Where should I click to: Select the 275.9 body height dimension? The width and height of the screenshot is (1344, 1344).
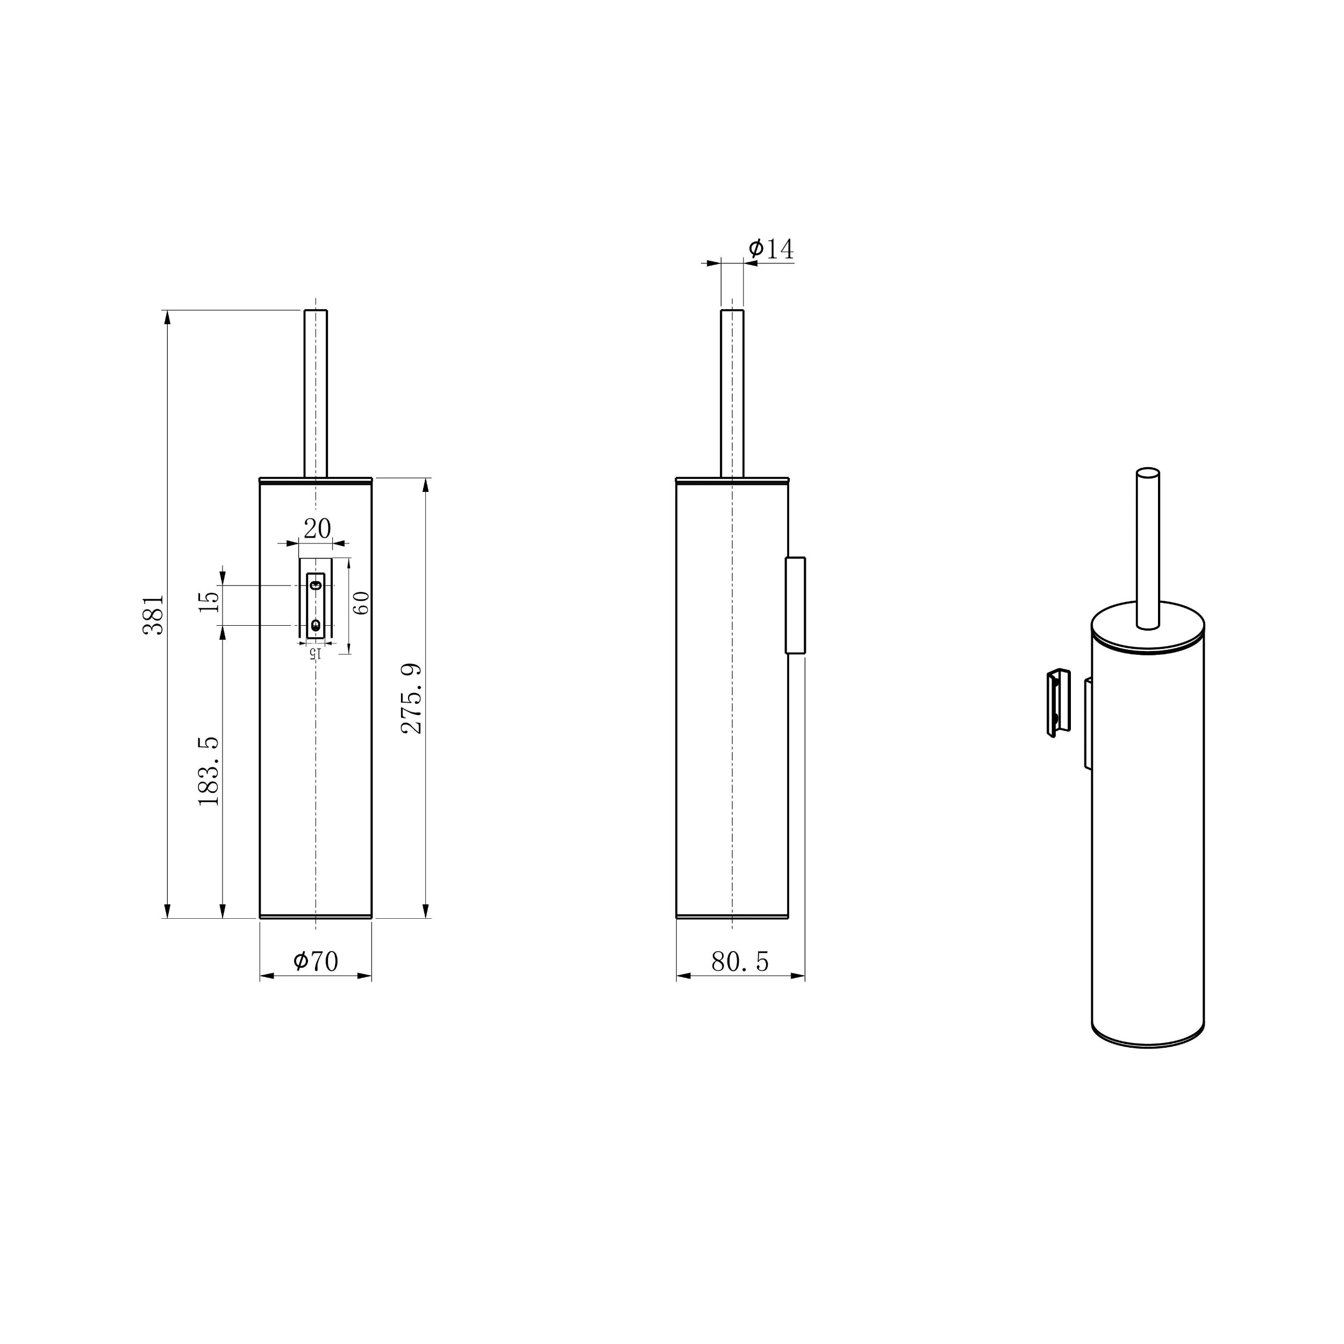tap(412, 698)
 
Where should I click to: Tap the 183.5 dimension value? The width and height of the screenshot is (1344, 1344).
tap(209, 771)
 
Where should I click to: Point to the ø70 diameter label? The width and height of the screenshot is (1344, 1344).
tap(316, 961)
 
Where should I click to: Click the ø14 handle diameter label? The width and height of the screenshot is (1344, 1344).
tap(771, 248)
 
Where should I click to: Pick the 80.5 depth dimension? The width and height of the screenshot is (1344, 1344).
tap(740, 961)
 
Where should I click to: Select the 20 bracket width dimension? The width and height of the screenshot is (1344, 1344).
tap(317, 528)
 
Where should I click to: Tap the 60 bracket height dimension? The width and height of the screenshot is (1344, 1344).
tap(361, 603)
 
